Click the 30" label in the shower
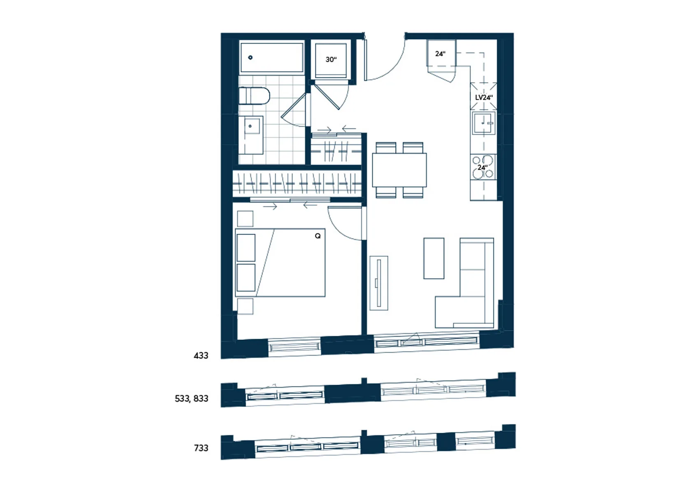click(x=331, y=60)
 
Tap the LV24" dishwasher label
click(x=484, y=97)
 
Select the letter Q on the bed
click(x=318, y=236)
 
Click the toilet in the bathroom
click(x=255, y=96)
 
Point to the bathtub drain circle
click(x=250, y=58)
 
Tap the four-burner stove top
click(x=483, y=167)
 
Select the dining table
click(x=399, y=170)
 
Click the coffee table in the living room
click(x=434, y=258)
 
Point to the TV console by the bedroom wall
click(x=379, y=283)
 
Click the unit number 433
click(x=201, y=356)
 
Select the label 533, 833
click(x=192, y=399)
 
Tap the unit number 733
click(x=201, y=448)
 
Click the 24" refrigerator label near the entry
click(x=440, y=53)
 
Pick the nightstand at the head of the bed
click(x=245, y=219)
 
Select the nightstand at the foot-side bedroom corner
click(x=245, y=307)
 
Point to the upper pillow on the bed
click(x=246, y=247)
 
